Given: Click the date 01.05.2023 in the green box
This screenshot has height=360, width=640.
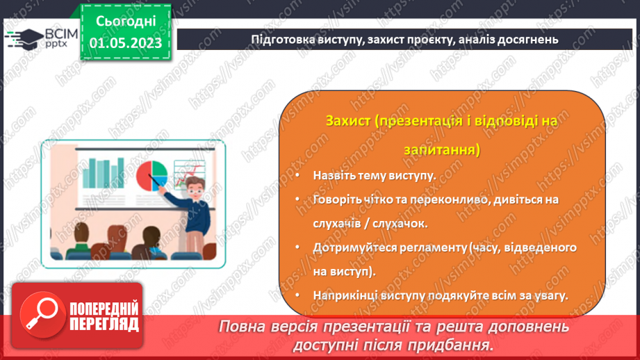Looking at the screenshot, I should pyautogui.click(x=125, y=43).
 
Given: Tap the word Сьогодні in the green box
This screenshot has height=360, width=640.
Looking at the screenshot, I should pyautogui.click(x=125, y=21).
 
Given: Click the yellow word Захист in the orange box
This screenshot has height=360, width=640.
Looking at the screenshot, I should pyautogui.click(x=347, y=121).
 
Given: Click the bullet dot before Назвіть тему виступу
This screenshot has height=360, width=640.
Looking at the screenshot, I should pyautogui.click(x=297, y=175).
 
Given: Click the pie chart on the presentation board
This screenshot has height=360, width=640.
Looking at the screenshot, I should pyautogui.click(x=152, y=173).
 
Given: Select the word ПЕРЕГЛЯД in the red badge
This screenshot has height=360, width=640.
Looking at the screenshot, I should pyautogui.click(x=104, y=325).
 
